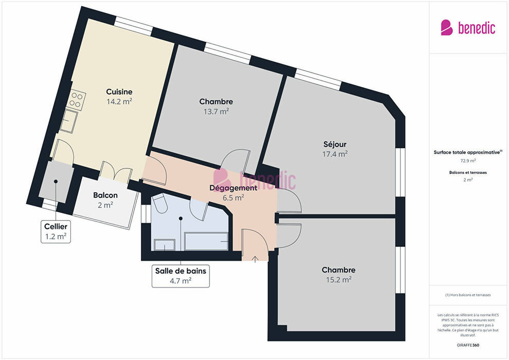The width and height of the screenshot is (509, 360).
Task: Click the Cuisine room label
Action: point(119,92)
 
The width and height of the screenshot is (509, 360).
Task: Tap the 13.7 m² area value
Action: point(216,112)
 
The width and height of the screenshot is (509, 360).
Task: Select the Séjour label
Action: point(335,145)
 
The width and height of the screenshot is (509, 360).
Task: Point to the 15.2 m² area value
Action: point(339,279)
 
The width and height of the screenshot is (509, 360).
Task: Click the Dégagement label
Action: point(233,188)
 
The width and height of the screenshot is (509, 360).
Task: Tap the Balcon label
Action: point(105,195)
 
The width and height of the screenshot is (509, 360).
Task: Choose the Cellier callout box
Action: point(56,231)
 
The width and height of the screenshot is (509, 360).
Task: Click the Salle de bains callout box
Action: point(180,276)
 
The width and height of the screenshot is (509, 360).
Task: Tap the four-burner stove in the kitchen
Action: point(77,99)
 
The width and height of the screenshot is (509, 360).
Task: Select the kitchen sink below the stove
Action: point(68,121)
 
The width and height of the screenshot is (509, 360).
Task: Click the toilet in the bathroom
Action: point(159,203)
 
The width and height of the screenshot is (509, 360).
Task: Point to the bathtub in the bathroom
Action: point(206,241)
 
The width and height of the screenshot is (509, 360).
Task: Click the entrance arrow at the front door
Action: point(255,259)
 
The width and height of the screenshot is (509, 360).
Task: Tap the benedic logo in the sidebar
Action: point(468,28)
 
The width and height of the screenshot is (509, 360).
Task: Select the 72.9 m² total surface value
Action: point(468,160)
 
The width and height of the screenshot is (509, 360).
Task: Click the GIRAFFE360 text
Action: point(468,345)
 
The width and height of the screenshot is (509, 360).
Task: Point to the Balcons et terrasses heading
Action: point(468,173)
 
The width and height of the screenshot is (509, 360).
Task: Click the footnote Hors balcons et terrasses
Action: point(468,295)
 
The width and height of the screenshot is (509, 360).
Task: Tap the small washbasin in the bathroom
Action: point(164,245)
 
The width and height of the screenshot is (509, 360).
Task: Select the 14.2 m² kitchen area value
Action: point(119,102)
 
